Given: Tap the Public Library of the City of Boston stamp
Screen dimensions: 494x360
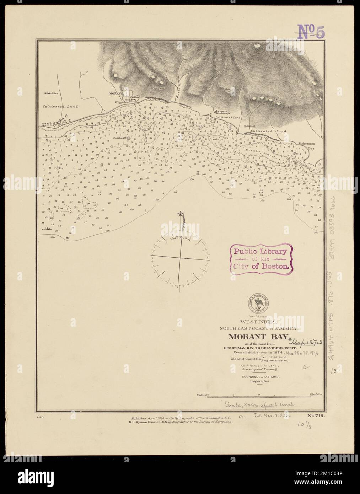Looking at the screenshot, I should tap(260, 258).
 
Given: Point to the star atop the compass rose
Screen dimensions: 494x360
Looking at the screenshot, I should tap(180, 214).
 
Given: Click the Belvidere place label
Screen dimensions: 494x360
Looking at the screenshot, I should tap(51, 93).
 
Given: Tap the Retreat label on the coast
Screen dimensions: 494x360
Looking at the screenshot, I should tap(253, 126).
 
